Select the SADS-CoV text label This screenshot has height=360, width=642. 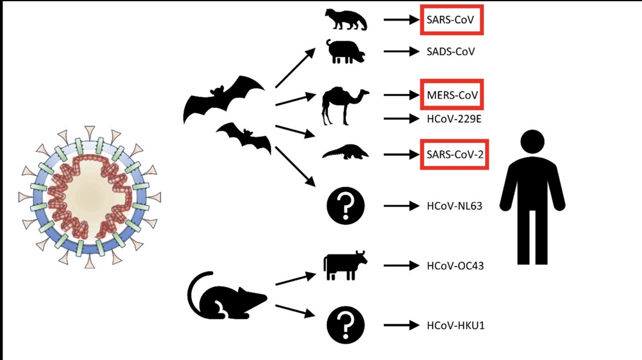[x=451, y=52]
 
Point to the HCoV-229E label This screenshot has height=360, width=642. [x=454, y=119]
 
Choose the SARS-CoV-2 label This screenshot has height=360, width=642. [x=454, y=155]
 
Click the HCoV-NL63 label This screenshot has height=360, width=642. [x=454, y=206]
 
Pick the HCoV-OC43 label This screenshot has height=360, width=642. [x=455, y=265]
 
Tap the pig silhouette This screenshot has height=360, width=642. [x=345, y=53]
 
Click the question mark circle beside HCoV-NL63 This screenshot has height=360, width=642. [x=346, y=206]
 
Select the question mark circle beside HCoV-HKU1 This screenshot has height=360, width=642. [x=346, y=325]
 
